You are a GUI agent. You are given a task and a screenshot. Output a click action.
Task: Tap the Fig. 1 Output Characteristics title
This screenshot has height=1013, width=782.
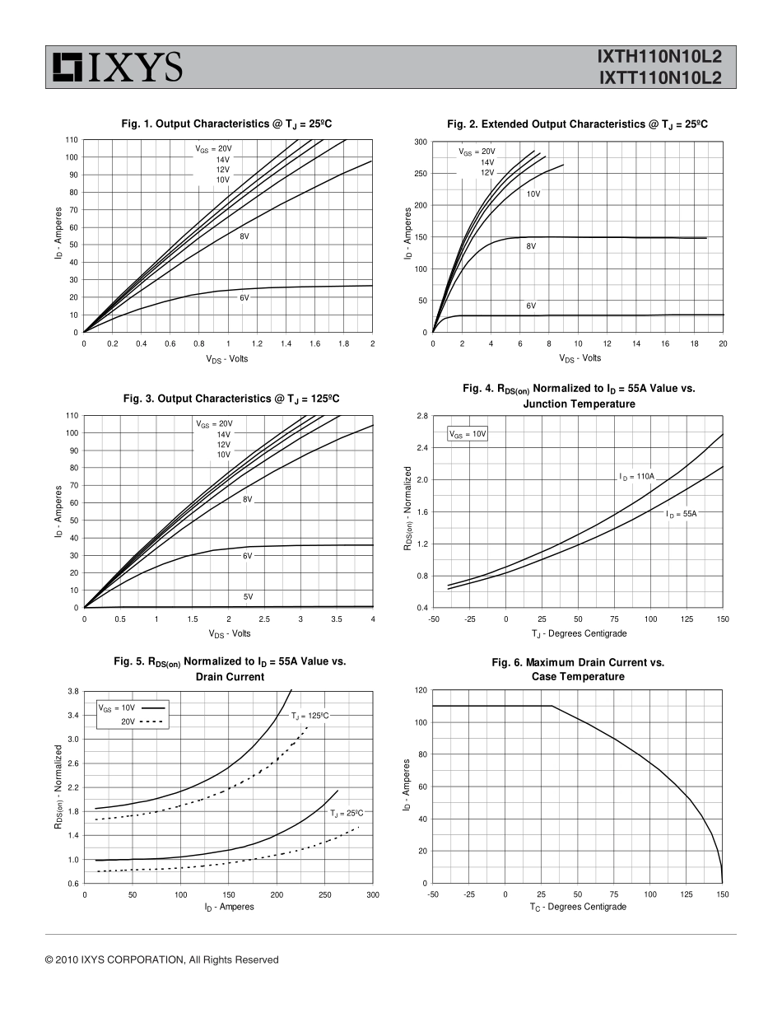pos(226,124)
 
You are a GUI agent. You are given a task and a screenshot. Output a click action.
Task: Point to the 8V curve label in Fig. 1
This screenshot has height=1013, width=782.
pos(244,236)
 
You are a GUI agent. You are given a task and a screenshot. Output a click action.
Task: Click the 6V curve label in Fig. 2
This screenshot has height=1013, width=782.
pos(531,306)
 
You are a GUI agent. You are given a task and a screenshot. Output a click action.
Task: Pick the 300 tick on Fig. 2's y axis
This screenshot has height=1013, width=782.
pos(421,142)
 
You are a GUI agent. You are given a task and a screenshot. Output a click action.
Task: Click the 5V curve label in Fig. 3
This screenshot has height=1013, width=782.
pos(248,596)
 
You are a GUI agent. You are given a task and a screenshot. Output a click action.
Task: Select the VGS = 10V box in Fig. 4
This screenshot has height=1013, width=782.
pos(468,433)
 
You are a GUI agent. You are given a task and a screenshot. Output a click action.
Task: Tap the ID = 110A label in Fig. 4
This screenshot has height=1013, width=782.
pos(637,476)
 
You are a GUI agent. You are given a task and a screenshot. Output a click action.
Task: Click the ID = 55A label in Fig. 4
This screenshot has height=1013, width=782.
pos(682,514)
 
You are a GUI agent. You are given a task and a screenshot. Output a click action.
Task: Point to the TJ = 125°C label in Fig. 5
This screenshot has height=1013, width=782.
pos(310,717)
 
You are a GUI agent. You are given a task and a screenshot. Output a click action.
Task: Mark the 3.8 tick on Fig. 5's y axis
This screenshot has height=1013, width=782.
pos(72,691)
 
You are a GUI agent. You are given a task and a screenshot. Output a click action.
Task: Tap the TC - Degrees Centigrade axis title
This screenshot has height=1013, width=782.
pos(578,907)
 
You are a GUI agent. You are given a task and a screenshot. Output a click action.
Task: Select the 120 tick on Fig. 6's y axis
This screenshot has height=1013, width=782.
pos(421,690)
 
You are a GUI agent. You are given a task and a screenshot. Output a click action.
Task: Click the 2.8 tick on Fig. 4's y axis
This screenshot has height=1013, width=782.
pos(421,416)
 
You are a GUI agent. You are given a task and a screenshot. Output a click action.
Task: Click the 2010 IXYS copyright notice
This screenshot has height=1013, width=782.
pos(162,959)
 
